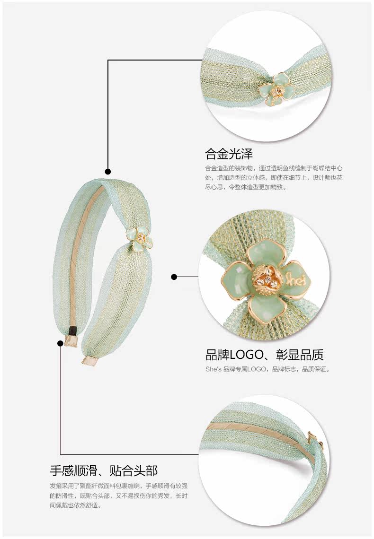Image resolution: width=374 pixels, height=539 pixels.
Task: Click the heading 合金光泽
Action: pos(229,154)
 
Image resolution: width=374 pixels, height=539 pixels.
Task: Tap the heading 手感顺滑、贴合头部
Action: pos(104,470)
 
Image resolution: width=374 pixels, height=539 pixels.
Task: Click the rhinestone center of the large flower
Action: pos(263,282)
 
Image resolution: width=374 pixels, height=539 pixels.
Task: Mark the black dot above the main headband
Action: pos(108,172)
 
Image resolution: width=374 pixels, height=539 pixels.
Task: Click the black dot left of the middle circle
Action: pos(174,277)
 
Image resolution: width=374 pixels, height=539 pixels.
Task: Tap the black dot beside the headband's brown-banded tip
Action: pos(60,343)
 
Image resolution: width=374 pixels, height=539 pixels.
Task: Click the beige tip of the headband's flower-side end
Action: pos(89,362)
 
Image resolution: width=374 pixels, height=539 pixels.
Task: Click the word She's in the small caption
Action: pos(213,369)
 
